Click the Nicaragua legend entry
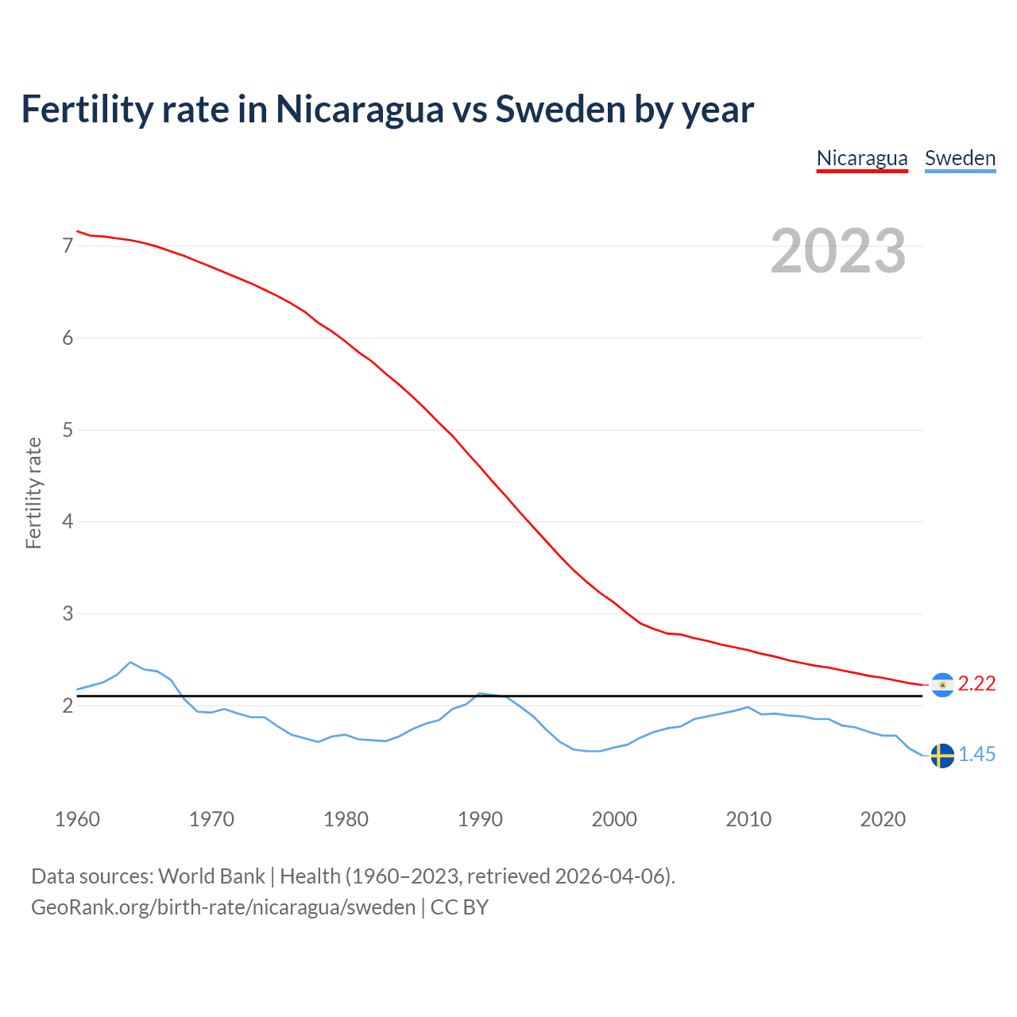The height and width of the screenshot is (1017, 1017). coord(862,158)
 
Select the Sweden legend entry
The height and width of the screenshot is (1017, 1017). coord(960,158)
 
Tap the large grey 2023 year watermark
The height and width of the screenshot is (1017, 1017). coord(838,251)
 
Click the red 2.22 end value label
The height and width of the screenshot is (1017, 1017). coord(976,684)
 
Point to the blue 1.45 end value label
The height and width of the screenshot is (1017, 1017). coord(976,755)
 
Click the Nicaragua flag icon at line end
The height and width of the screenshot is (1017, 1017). coord(942,685)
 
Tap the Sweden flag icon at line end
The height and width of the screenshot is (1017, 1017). coord(942,756)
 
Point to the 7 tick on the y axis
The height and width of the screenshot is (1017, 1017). coord(68,246)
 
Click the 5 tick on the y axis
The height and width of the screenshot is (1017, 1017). coord(68,430)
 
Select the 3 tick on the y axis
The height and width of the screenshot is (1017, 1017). coord(68,614)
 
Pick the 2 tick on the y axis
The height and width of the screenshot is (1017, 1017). coord(68,706)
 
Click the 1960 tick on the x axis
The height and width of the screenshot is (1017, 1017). coord(77,819)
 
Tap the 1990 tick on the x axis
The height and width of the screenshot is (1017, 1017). coord(480,819)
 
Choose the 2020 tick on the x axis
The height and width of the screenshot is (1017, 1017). coord(883,819)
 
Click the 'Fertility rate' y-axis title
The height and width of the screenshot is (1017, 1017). coord(33,493)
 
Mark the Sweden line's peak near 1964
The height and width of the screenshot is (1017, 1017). coord(130,662)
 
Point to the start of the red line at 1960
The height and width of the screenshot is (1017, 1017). coord(77,231)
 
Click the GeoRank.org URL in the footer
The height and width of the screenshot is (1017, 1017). coord(223,907)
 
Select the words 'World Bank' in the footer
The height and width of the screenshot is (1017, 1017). coord(211,876)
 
